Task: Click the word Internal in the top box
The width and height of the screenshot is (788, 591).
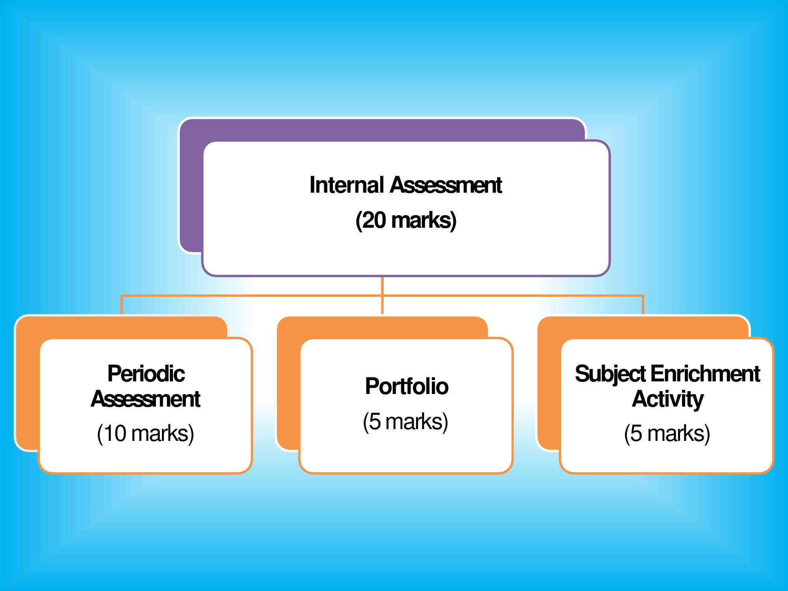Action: click(346, 185)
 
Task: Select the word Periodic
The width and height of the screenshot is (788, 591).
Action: click(146, 374)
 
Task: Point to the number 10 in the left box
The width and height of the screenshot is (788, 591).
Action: click(115, 433)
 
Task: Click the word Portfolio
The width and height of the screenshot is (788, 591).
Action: click(407, 386)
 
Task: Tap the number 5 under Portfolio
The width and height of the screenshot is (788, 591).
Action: click(375, 422)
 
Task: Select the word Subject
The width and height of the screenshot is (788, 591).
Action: click(610, 374)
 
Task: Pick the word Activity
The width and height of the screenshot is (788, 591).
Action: click(667, 399)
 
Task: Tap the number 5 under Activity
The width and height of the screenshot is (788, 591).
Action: click(636, 433)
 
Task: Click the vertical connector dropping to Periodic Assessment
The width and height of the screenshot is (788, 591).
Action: click(121, 305)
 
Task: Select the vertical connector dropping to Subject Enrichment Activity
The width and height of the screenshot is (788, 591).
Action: click(643, 305)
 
